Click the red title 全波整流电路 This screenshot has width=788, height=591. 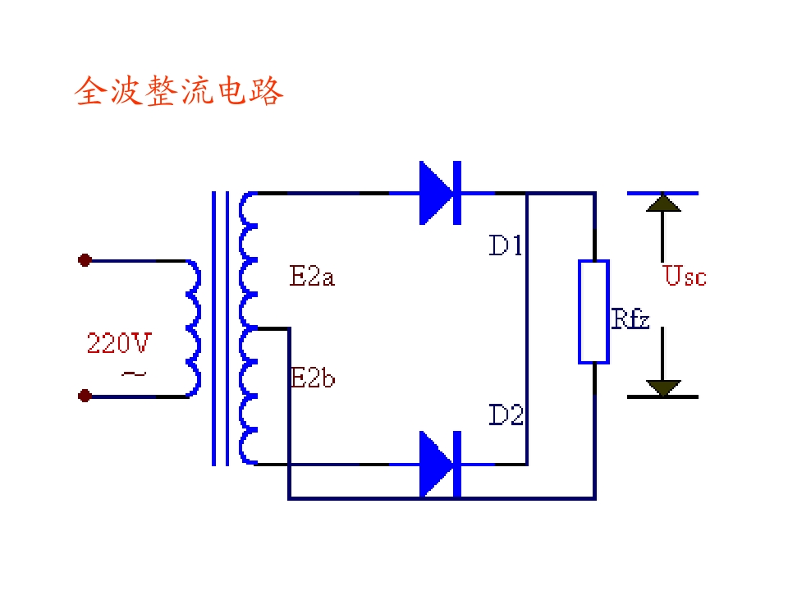179,91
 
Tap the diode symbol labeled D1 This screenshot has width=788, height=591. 440,193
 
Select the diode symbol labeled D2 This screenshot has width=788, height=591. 440,464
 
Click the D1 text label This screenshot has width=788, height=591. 506,245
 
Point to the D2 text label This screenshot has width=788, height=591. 506,415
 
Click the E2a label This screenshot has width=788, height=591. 312,277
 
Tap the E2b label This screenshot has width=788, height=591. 313,378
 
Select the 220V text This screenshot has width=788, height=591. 119,343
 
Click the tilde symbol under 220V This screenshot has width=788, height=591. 134,374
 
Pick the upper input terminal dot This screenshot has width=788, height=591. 85,260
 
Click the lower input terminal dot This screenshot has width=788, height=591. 85,396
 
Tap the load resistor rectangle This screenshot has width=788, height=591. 594,312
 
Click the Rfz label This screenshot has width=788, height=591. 630,318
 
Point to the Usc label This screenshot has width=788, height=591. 685,276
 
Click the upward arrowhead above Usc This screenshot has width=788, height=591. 663,203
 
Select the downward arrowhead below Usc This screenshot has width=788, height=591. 663,388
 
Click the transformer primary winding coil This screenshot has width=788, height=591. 194,328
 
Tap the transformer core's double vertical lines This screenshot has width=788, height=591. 220,328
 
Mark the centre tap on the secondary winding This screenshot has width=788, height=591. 257,328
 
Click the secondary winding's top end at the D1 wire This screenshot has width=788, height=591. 255,193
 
